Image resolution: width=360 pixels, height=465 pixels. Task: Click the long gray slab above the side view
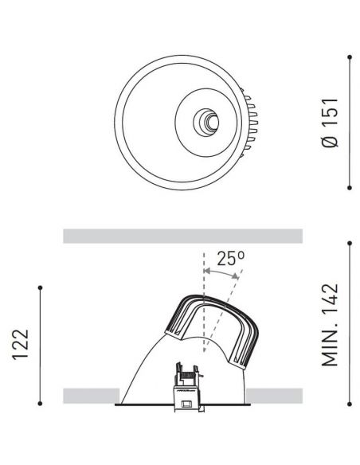[182, 236]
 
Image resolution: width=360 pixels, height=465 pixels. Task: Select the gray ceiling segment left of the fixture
[91, 396]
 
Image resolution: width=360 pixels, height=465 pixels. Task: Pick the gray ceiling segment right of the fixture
[275, 396]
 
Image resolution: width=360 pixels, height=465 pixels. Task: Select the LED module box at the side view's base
[186, 392]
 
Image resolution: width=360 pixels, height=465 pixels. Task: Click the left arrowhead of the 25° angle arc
[205, 273]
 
